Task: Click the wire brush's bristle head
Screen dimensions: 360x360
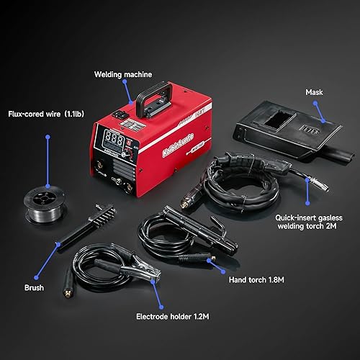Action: (92, 212)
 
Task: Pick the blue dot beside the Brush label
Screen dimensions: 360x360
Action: (57, 246)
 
